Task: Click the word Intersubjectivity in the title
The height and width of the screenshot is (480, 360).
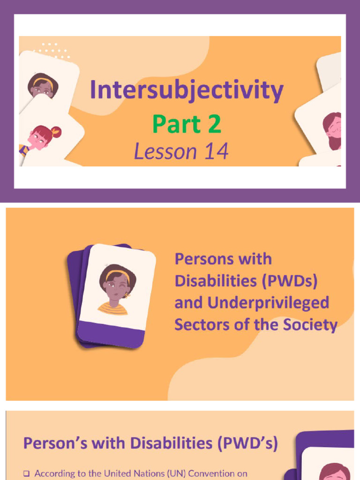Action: pos(187,90)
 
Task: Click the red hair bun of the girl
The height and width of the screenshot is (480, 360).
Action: pos(56,132)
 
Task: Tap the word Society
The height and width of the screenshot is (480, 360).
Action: pos(310,324)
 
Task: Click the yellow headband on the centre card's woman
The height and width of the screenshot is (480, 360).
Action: pos(117,274)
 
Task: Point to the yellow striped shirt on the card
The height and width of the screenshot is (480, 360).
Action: pos(113,309)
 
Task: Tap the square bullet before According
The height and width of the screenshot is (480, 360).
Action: pos(27,474)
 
